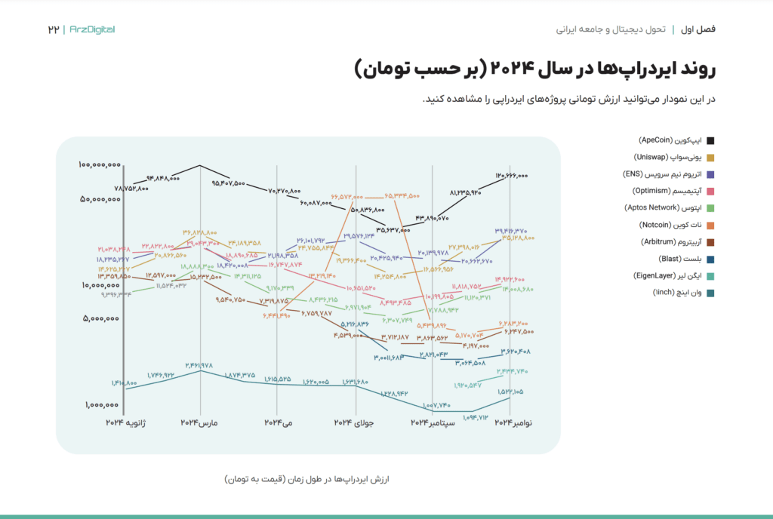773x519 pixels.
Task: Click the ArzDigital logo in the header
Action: [91, 29]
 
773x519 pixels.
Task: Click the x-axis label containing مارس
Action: [199, 423]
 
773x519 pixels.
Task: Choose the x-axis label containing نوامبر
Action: [513, 423]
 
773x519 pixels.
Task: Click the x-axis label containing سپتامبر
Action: [433, 423]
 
